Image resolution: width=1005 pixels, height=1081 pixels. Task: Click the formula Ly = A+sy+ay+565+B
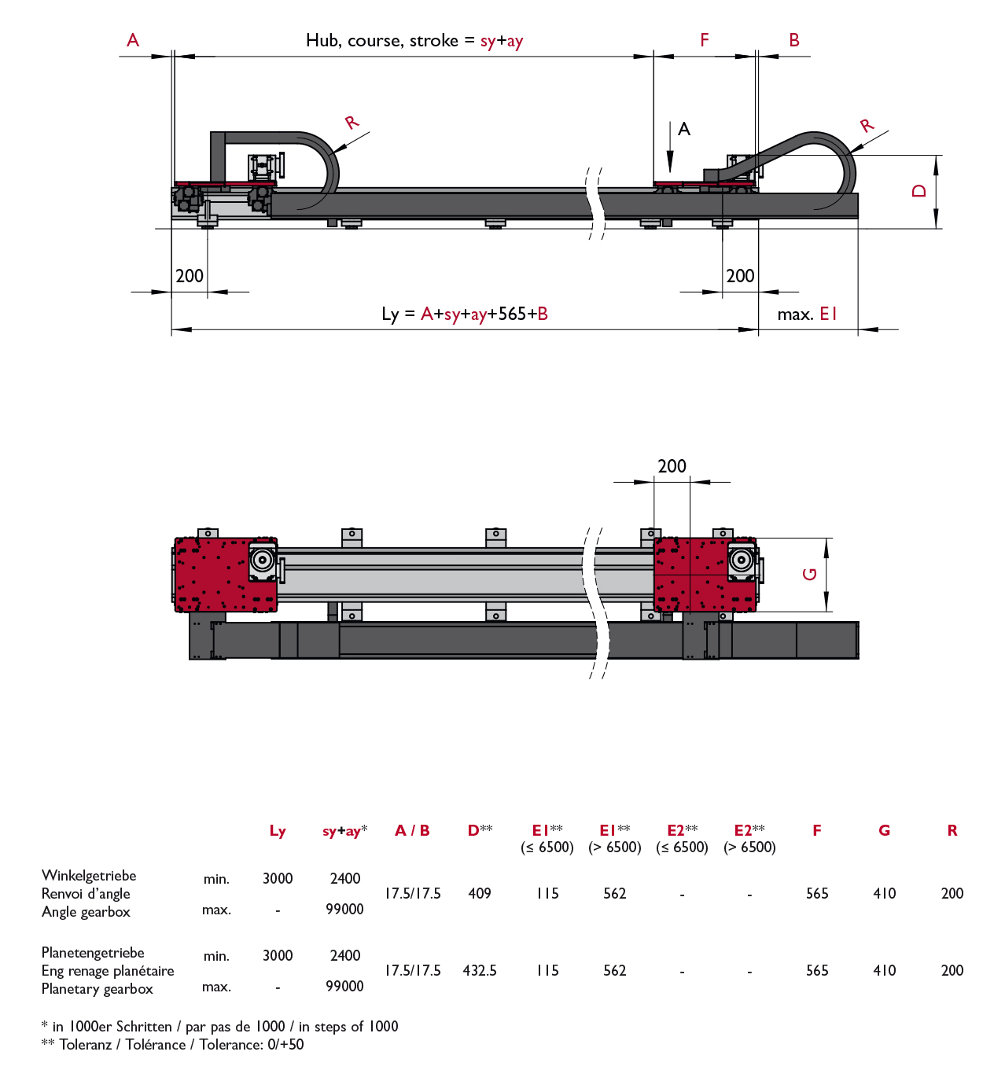(x=464, y=314)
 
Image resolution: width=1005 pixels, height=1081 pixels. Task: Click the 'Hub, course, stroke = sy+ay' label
(x=414, y=41)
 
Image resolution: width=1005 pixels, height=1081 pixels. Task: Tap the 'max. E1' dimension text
(x=807, y=314)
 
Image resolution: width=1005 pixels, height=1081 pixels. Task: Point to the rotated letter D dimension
(x=918, y=191)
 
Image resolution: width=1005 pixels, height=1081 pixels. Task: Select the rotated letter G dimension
(x=809, y=574)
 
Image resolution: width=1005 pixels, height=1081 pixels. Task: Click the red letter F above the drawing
(x=704, y=40)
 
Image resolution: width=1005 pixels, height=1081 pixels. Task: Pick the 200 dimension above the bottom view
(x=672, y=466)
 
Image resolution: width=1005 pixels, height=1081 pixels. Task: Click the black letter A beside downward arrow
(x=684, y=129)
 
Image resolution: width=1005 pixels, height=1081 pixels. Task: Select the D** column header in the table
(x=480, y=831)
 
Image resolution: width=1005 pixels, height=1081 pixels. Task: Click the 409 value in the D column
(x=480, y=894)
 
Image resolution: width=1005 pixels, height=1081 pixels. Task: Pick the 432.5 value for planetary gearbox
(x=480, y=971)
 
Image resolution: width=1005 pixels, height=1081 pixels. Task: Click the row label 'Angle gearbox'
(x=86, y=912)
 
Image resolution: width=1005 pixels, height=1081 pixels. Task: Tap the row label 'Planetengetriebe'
(x=93, y=953)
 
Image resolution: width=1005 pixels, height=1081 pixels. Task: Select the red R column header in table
(x=952, y=831)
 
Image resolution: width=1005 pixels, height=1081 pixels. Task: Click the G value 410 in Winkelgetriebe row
(x=885, y=894)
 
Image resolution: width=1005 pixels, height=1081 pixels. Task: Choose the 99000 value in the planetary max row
(x=344, y=987)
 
